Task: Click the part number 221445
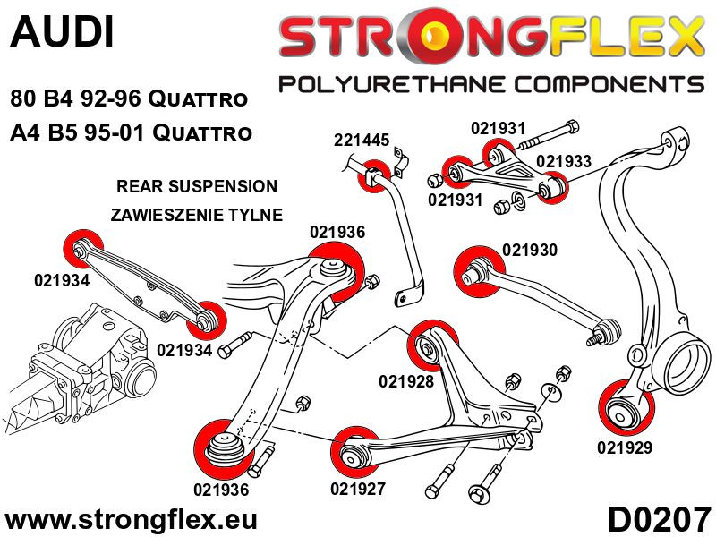(362, 141)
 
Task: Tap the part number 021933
(564, 160)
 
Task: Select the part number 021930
(530, 251)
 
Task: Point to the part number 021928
(406, 381)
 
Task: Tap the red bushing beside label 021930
(473, 266)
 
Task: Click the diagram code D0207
(659, 519)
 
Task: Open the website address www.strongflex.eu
(131, 519)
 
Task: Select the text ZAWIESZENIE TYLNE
(197, 215)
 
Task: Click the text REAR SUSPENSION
(197, 187)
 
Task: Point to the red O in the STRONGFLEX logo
(440, 38)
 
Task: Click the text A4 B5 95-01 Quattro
(131, 133)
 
